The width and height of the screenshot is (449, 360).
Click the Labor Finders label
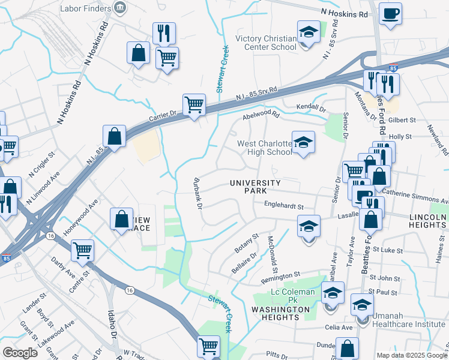pyautogui.click(x=86, y=8)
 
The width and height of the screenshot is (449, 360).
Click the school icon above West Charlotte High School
pyautogui.click(x=303, y=143)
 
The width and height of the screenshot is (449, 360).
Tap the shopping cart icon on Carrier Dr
pyautogui.click(x=194, y=105)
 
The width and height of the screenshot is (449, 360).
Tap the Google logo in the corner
pyautogui.click(x=20, y=352)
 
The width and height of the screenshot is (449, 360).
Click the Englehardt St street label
pyautogui.click(x=285, y=206)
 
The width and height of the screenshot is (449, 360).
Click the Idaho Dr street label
pyautogui.click(x=112, y=328)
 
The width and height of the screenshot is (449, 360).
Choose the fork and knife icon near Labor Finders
pyautogui.click(x=164, y=33)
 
